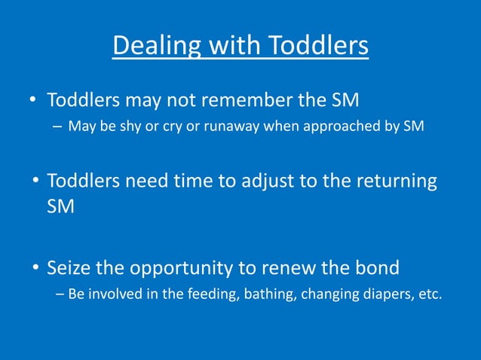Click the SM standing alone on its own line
point(61,207)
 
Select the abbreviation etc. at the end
point(428,294)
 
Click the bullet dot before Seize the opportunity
point(35,268)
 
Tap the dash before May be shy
point(58,126)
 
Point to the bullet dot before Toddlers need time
point(35,182)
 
